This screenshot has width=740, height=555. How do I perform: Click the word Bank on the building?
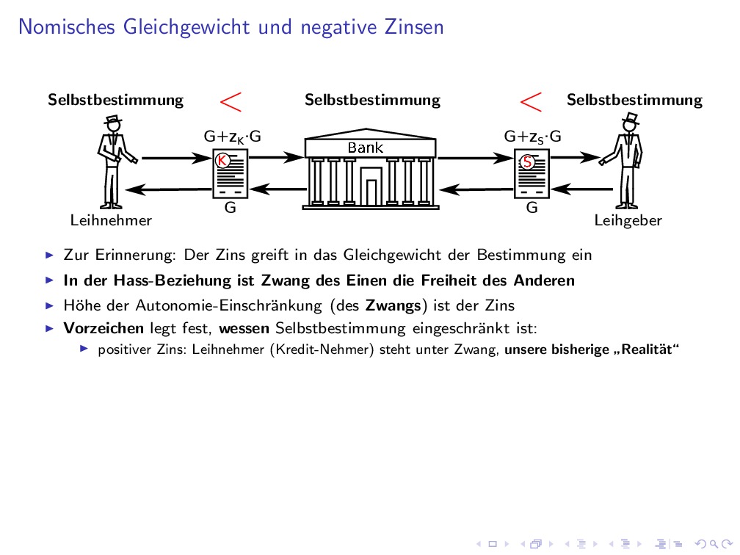click(x=366, y=148)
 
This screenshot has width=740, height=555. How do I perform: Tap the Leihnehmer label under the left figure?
click(x=111, y=220)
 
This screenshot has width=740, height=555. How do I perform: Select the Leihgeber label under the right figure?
click(x=628, y=220)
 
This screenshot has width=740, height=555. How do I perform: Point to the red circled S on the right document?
click(x=526, y=162)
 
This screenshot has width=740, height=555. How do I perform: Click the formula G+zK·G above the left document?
click(x=232, y=137)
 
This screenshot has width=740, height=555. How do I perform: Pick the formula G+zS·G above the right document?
click(x=532, y=137)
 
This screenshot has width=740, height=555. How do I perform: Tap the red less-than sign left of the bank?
click(x=231, y=101)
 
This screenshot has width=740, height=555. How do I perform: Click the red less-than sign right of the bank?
click(x=532, y=101)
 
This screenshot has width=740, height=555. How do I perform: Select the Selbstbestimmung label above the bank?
click(x=372, y=100)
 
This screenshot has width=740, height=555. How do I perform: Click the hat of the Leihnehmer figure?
click(x=112, y=121)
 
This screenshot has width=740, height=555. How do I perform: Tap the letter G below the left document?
click(x=230, y=208)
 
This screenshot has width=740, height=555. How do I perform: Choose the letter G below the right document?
click(x=532, y=208)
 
